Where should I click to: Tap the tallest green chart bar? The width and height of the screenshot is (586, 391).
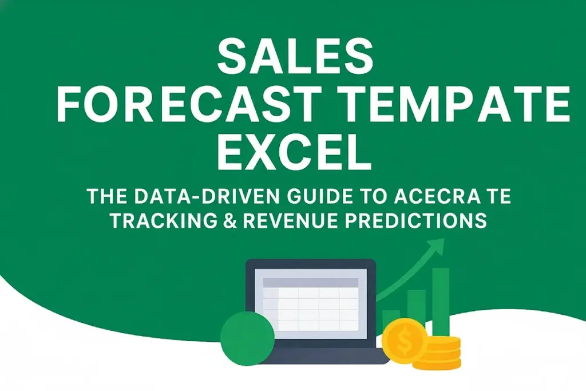441,301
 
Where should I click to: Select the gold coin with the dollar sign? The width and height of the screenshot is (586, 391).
404,343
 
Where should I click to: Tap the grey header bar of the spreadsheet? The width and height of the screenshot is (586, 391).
310,283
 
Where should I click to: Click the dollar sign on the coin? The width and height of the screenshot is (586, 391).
404,343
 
